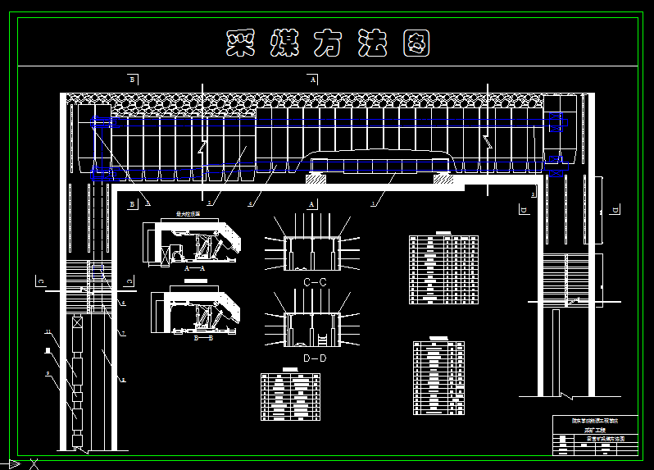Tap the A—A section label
click(x=194, y=268)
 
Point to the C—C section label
click(x=315, y=282)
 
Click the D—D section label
click(x=315, y=358)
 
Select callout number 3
click(x=148, y=201)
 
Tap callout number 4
click(x=252, y=202)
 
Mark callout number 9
click(x=48, y=373)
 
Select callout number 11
click(x=48, y=332)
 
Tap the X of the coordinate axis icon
click(x=34, y=464)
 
